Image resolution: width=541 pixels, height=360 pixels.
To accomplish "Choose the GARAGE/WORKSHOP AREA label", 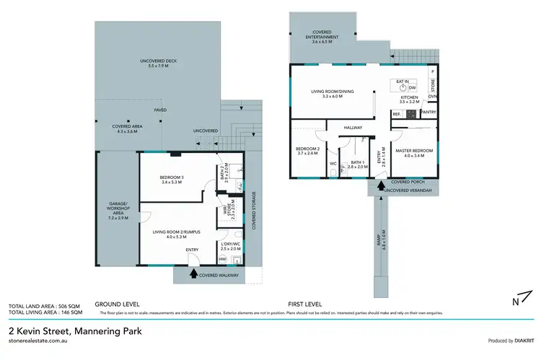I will (117, 214).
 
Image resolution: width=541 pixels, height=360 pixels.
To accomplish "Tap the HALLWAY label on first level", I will (353, 128).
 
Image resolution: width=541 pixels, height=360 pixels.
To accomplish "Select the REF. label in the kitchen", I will (396, 113).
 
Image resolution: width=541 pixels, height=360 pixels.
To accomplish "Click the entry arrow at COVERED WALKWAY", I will (193, 273).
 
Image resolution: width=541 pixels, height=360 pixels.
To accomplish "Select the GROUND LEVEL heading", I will (117, 304).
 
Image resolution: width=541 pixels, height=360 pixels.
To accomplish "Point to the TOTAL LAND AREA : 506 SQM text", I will (45, 306).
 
